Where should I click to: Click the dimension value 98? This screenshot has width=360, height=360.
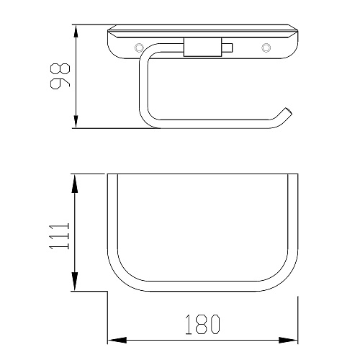(60, 76)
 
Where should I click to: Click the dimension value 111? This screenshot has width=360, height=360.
(59, 236)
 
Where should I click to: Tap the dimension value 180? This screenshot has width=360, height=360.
(202, 325)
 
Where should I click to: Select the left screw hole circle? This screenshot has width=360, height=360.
(139, 48)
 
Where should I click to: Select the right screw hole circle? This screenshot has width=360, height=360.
(266, 48)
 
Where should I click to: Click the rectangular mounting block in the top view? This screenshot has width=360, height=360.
(203, 48)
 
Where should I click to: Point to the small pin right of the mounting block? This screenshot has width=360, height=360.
(228, 48)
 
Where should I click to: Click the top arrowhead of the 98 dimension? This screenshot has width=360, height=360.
(76, 32)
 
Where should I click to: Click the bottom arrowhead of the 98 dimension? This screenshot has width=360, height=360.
(76, 122)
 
